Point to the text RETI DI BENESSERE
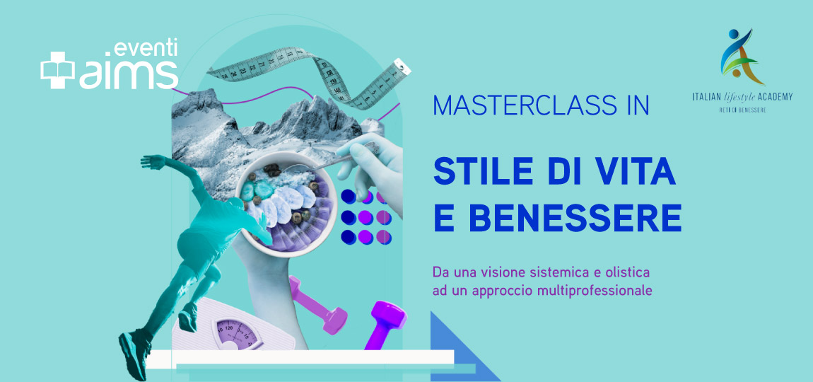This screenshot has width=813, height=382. pyautogui.click(x=742, y=110)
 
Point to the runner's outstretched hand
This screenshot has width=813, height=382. pyautogui.click(x=148, y=162)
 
